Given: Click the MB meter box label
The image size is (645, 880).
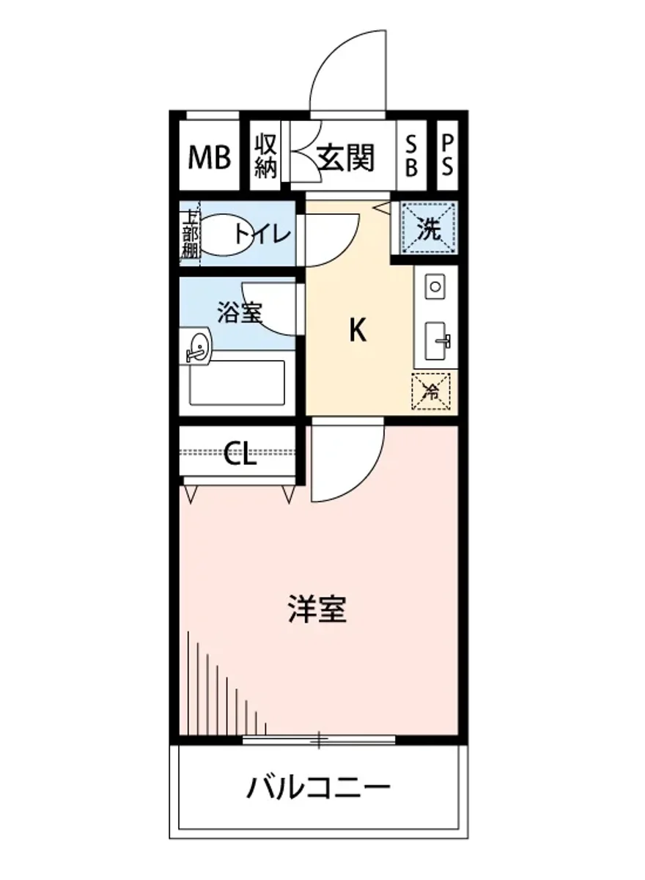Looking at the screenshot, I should pos(210,156).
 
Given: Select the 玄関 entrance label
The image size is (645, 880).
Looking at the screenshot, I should pos(346,156).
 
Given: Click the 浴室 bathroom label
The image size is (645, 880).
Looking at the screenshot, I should pos(239,312).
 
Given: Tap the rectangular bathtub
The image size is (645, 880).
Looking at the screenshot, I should pos(237,382).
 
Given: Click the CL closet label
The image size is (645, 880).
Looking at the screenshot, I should pos(240,455).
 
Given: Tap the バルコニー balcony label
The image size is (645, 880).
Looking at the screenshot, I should pos(318,789).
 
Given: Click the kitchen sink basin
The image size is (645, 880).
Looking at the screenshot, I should pos(438,340).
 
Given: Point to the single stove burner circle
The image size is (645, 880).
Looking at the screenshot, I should pos(435,285).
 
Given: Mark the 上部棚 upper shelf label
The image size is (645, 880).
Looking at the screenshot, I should pos(190,235).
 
